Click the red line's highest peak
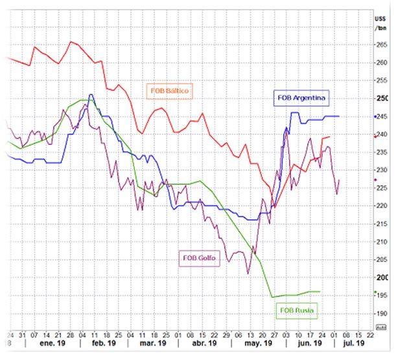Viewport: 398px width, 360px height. coord(71,42)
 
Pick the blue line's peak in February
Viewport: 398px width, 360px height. coord(91,95)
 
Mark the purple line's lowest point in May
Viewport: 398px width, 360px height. coord(248,273)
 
